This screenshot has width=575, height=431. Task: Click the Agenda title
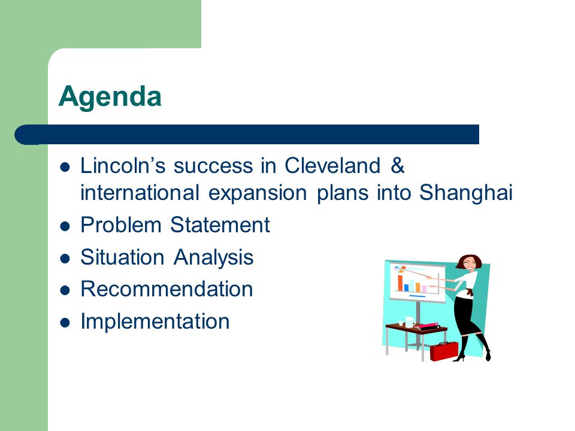click(110, 97)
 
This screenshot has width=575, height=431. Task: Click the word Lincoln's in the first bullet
click(123, 165)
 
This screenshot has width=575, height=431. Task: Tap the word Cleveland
click(332, 165)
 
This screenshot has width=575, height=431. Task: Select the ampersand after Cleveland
click(398, 165)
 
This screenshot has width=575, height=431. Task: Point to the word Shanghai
click(466, 192)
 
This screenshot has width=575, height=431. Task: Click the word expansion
click(258, 193)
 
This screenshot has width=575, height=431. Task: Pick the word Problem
click(120, 224)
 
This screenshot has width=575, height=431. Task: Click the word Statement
click(220, 224)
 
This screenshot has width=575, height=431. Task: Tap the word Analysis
click(213, 257)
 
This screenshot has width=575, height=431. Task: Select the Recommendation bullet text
click(167, 289)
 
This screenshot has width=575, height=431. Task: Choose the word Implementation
click(155, 322)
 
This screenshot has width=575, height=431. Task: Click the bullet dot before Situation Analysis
click(65, 259)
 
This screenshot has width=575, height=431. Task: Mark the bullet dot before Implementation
click(65, 323)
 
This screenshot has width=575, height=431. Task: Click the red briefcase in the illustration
click(444, 351)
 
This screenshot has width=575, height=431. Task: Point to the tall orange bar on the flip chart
click(401, 283)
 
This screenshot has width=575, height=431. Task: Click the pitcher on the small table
click(409, 322)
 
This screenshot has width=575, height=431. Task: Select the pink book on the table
click(429, 326)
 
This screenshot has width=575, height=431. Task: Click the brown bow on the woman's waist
click(468, 292)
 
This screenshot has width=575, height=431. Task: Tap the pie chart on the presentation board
click(400, 269)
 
